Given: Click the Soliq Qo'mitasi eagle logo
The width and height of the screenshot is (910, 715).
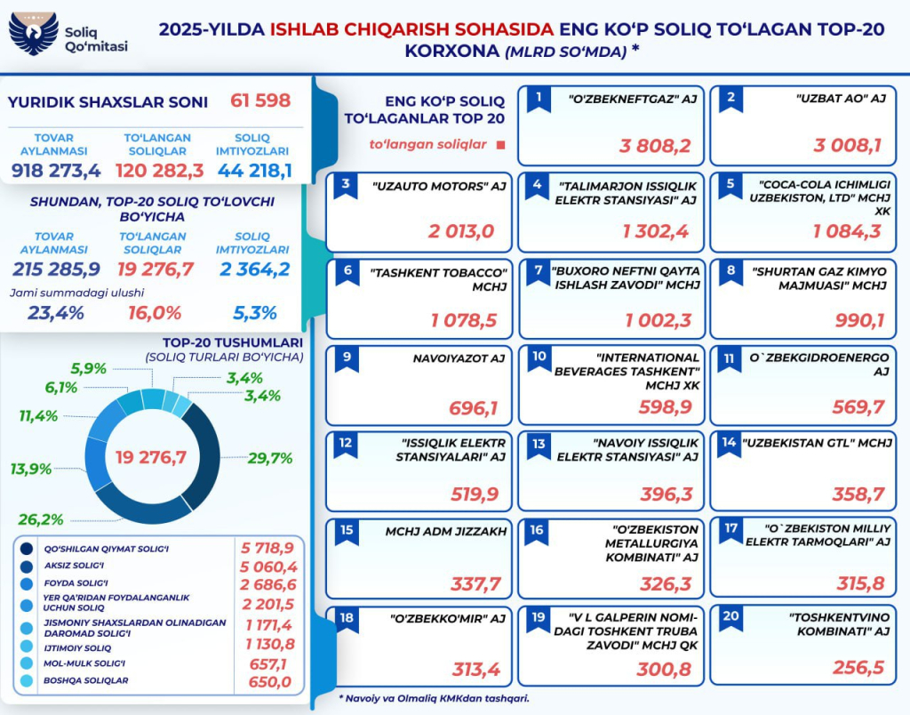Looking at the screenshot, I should coord(33,35).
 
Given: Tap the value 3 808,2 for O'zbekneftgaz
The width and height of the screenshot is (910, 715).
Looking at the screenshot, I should coord(655,146).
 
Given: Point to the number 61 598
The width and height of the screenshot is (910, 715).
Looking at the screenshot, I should coord(260,100).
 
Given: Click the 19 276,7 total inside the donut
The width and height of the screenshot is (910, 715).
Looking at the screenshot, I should coord(151,457).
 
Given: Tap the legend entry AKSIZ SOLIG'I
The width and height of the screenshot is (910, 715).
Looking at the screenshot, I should coord(74,566).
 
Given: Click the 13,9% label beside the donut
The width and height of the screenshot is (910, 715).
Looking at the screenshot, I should coord(31,469).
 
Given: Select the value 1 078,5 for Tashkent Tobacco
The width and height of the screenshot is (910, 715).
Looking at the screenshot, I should coord(463,319).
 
